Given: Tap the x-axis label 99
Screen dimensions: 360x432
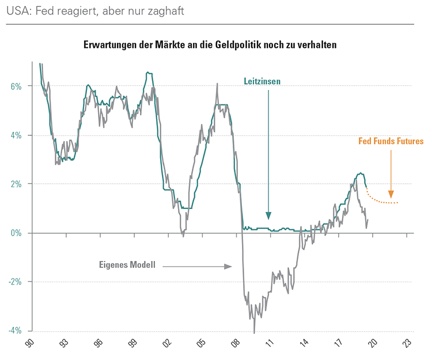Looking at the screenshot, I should [x=132, y=344].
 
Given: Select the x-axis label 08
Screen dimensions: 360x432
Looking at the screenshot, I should [x=236, y=344].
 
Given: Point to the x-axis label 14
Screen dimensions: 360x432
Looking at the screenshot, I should [x=304, y=344].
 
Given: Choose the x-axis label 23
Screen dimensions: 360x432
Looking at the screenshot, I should [x=407, y=344].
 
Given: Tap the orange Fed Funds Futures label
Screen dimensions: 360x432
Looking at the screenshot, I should [x=391, y=141].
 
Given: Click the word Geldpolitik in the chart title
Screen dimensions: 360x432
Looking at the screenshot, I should [x=253, y=44].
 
